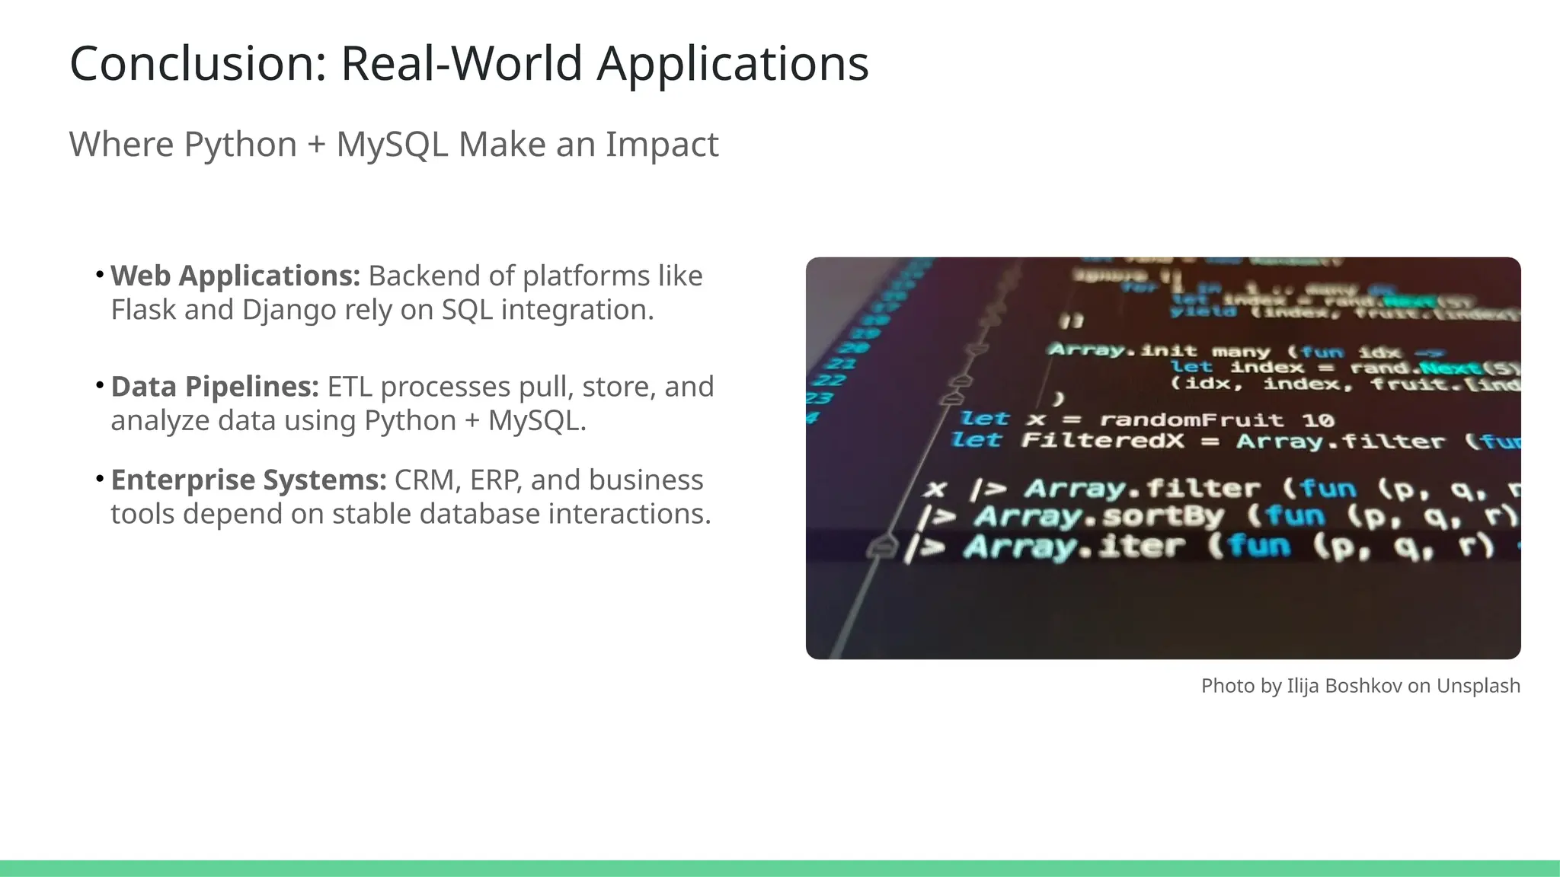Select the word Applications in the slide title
(x=732, y=63)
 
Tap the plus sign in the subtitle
(x=316, y=145)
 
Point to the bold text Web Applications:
(x=235, y=276)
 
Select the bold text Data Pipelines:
(x=215, y=387)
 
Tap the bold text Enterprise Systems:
(x=248, y=480)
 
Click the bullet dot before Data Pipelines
(x=100, y=386)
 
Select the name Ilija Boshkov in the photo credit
(x=1344, y=686)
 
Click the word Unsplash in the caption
(x=1478, y=686)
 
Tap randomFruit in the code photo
(x=1191, y=419)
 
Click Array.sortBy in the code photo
(x=1098, y=517)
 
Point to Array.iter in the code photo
(x=1074, y=547)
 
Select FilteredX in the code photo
(x=1102, y=441)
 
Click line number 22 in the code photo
(x=829, y=380)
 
